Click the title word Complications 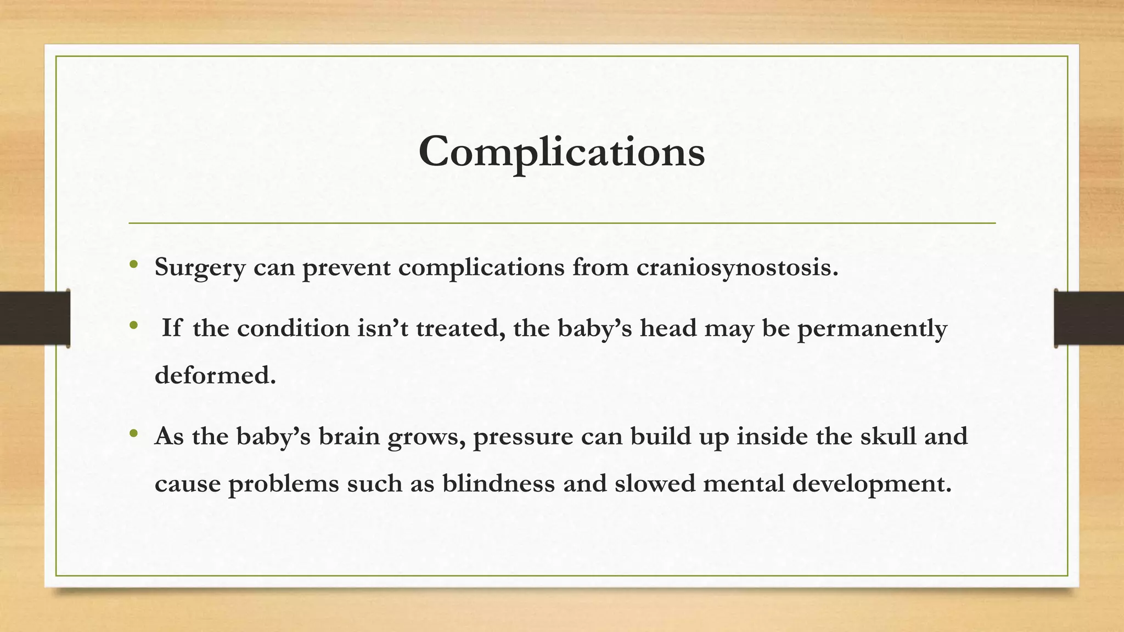pyautogui.click(x=561, y=152)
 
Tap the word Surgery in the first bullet pyautogui.click(x=200, y=268)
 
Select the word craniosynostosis pyautogui.click(x=738, y=268)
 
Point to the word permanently pyautogui.click(x=872, y=329)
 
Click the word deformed pyautogui.click(x=215, y=376)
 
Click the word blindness pyautogui.click(x=498, y=484)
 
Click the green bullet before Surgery pyautogui.click(x=133, y=266)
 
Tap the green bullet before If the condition pyautogui.click(x=133, y=326)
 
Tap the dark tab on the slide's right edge pyautogui.click(x=1089, y=318)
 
